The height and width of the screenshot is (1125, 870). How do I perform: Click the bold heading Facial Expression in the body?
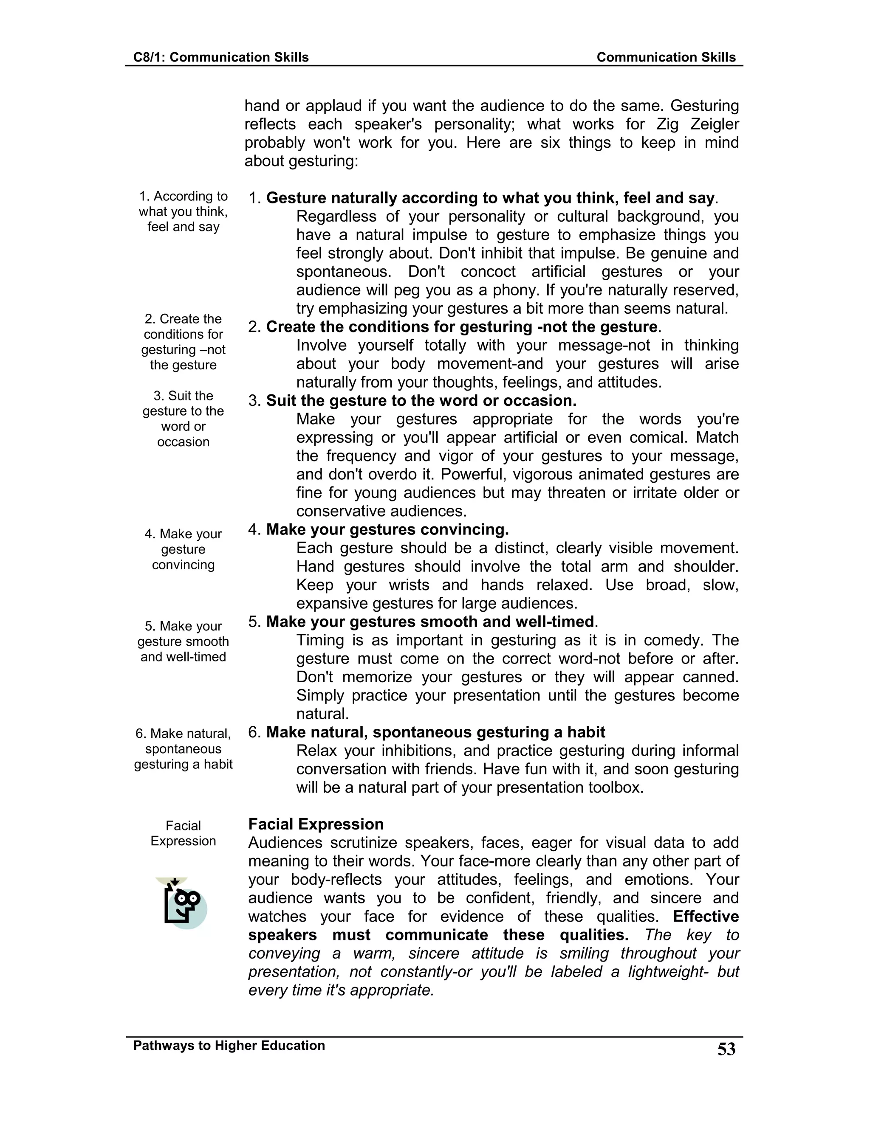click(316, 824)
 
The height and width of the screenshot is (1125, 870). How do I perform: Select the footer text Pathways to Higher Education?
click(229, 1046)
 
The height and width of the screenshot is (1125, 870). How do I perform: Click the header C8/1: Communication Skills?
click(220, 57)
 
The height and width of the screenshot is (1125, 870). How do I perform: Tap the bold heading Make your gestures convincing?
click(387, 529)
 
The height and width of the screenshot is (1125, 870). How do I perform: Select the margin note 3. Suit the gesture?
click(183, 418)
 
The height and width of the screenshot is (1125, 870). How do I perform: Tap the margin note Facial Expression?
click(183, 833)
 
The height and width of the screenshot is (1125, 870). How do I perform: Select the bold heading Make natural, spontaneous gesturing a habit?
click(435, 732)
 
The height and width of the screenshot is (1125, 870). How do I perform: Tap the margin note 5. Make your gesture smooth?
click(183, 641)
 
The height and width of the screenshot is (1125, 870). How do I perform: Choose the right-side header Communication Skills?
click(666, 57)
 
